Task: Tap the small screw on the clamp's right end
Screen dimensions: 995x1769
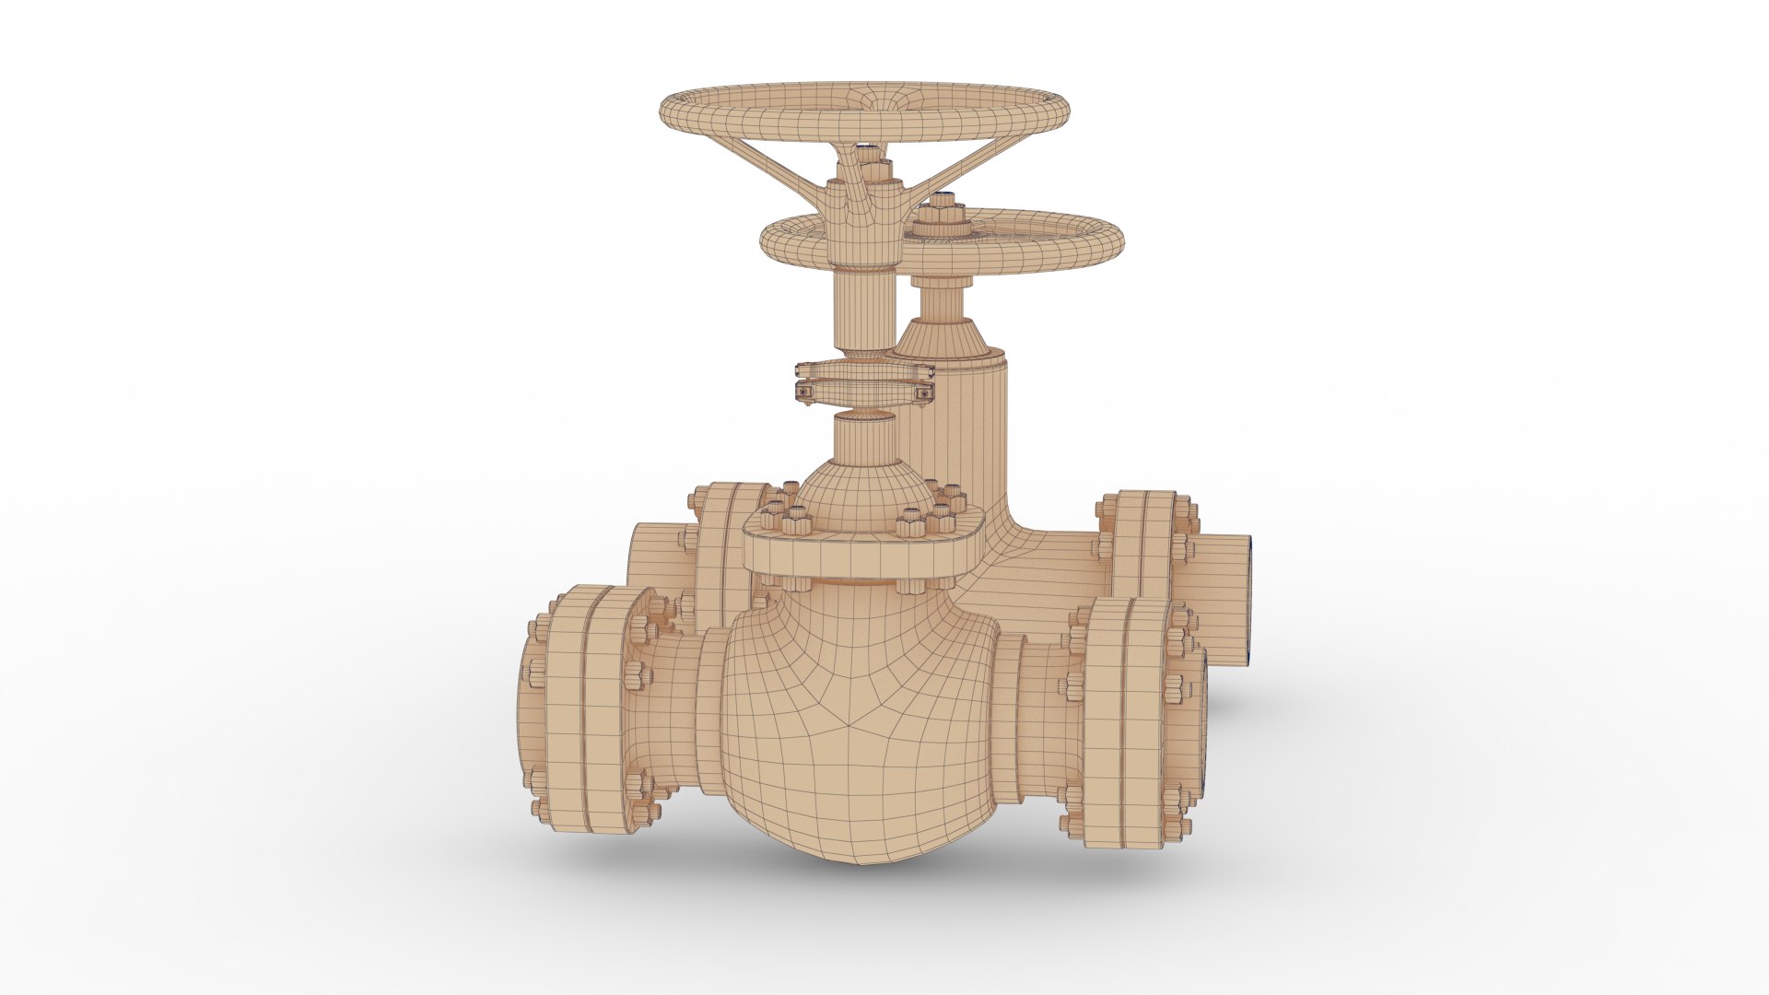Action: tap(924, 393)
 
